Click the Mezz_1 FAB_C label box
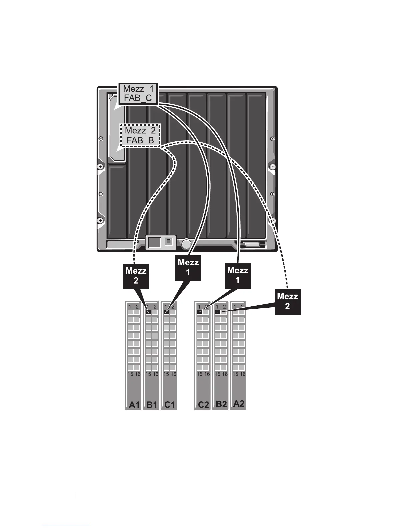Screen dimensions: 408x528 [x=138, y=94]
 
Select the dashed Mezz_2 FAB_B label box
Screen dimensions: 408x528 [x=140, y=135]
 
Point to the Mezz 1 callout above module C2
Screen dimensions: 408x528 [x=238, y=275]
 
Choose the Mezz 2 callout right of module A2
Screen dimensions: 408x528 [x=287, y=301]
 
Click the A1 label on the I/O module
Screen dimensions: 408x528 [x=134, y=405]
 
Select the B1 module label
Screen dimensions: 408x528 [x=152, y=405]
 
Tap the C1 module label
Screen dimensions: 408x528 [x=169, y=405]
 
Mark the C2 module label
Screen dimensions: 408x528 [x=203, y=405]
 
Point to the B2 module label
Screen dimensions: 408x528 [x=221, y=404]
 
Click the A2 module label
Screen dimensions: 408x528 [x=239, y=404]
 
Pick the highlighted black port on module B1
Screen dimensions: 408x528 [x=148, y=312]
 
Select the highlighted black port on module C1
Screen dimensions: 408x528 [x=166, y=312]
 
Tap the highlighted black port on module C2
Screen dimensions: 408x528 [x=200, y=312]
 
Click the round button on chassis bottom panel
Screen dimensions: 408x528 [x=187, y=244]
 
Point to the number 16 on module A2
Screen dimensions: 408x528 [x=243, y=374]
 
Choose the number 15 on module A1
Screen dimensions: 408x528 [x=130, y=374]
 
